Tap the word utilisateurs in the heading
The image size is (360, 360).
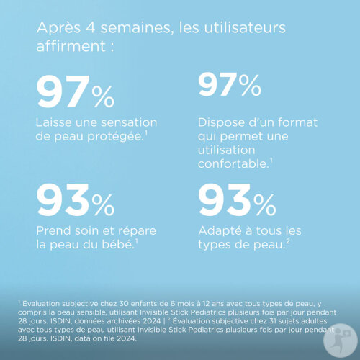click(245, 27)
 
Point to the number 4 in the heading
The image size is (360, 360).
click(90, 27)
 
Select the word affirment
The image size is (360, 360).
click(71, 45)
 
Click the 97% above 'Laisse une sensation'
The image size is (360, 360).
click(76, 91)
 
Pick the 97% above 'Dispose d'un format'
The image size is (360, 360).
click(230, 85)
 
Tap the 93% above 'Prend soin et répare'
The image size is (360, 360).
click(76, 199)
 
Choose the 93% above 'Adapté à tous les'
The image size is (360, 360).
click(237, 199)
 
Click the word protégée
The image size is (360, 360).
click(115, 137)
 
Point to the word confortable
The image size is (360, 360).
click(233, 164)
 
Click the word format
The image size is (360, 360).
click(297, 122)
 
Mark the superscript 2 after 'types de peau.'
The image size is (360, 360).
click(288, 241)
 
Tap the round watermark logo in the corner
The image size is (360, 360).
click(341, 341)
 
